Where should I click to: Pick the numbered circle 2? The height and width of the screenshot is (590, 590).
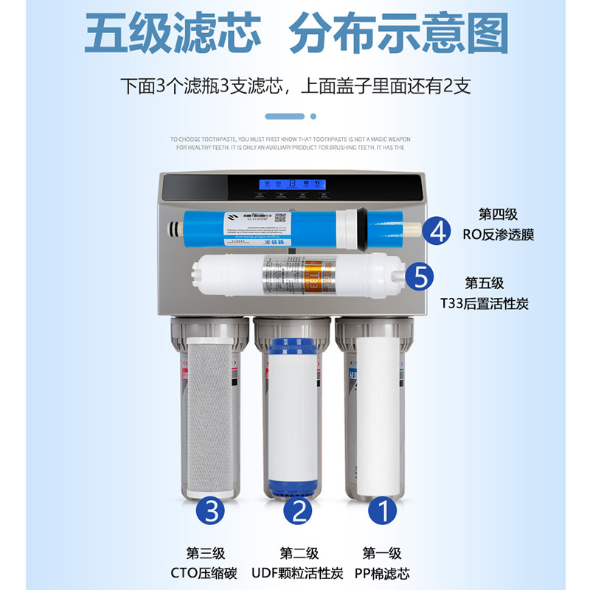click(x=298, y=510)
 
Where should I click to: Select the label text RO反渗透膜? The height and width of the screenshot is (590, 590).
click(x=498, y=235)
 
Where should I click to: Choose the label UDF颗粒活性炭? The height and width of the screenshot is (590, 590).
click(x=299, y=574)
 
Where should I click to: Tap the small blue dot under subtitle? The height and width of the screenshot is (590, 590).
click(x=313, y=116)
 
